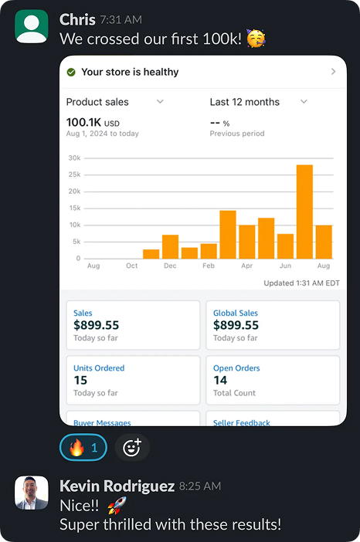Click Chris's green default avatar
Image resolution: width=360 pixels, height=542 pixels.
click(x=32, y=26)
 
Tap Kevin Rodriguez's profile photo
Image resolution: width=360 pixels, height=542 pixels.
click(x=32, y=493)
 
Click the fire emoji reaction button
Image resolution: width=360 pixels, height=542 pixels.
click(x=83, y=447)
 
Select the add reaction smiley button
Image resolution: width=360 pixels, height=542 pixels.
click(x=132, y=447)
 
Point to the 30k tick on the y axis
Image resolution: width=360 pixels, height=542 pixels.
click(x=73, y=158)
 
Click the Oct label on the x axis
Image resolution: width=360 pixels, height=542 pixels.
click(x=131, y=266)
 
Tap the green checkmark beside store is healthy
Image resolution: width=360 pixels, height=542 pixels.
click(x=71, y=72)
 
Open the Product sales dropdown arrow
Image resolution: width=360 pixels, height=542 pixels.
click(x=160, y=102)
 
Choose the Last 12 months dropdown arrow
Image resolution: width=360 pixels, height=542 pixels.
click(x=304, y=102)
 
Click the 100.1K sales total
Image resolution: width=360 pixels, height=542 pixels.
click(x=83, y=122)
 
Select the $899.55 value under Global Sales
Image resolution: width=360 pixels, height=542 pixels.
click(x=237, y=326)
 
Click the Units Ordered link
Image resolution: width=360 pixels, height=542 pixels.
click(x=99, y=368)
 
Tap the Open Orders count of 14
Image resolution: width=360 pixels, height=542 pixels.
click(x=220, y=380)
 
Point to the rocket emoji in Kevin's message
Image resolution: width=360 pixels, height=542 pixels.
click(x=116, y=506)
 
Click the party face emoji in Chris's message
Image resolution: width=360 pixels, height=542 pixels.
click(x=256, y=38)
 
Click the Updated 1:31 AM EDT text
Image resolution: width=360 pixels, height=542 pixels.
click(x=301, y=283)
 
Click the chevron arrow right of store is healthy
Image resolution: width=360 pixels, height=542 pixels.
click(x=333, y=72)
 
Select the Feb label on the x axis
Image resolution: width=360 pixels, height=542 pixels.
click(x=209, y=266)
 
